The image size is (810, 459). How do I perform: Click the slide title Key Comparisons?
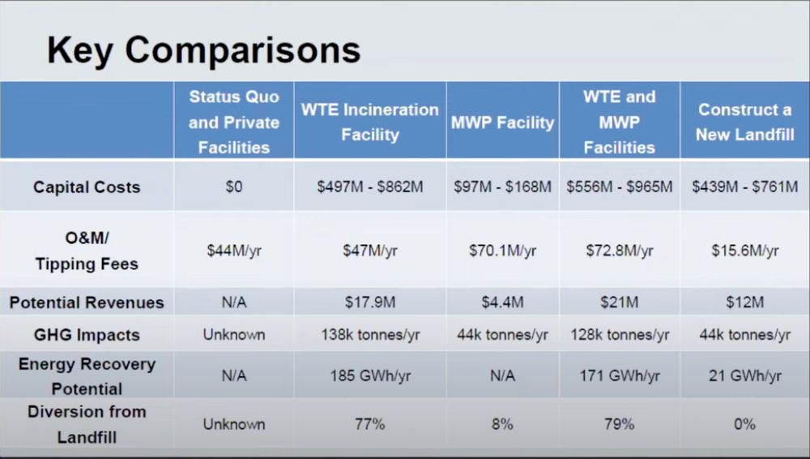[203, 51]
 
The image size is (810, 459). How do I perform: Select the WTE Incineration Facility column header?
[370, 122]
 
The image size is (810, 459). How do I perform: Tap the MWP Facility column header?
[503, 122]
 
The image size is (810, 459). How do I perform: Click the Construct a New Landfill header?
[745, 122]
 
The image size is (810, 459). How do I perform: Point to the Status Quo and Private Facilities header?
[234, 122]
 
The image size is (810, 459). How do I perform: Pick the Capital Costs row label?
[87, 187]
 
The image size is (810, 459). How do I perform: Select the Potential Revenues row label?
[87, 302]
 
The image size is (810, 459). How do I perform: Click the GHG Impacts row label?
[87, 335]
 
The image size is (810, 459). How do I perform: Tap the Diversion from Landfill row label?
[87, 424]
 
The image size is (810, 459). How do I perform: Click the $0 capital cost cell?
[234, 187]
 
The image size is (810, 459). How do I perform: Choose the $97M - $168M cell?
[503, 187]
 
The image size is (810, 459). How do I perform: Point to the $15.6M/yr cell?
[745, 251]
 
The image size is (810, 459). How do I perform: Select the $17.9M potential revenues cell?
[370, 302]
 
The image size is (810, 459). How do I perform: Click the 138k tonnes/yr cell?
[370, 335]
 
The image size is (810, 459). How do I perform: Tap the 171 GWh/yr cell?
[620, 375]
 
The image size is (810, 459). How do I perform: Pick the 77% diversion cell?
[370, 424]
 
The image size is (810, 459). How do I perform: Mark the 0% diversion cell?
[745, 424]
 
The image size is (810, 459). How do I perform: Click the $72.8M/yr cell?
[620, 251]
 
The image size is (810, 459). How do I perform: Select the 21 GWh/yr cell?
[745, 375]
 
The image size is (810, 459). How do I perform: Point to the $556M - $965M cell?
[620, 187]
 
